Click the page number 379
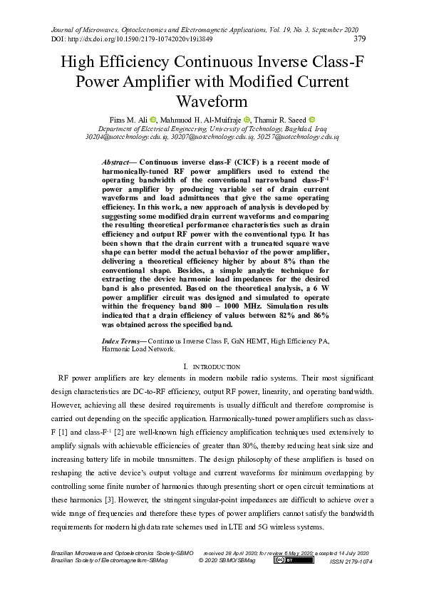click(361, 38)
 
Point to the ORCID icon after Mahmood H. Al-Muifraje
click(247, 120)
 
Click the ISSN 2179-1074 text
click(351, 562)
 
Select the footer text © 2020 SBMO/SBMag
click(227, 561)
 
